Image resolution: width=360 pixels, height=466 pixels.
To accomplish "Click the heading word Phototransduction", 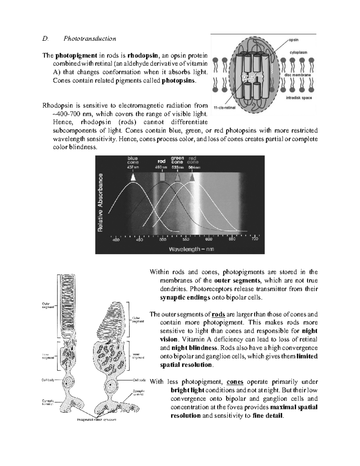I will tap(89, 39).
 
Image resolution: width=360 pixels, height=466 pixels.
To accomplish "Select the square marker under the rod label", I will tap(162, 177).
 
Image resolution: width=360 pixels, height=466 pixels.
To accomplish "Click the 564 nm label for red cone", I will tap(194, 168).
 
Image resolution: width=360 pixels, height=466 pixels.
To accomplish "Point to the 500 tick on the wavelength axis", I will tap(162, 239).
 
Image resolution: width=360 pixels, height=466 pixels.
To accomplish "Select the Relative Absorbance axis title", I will tap(101, 203).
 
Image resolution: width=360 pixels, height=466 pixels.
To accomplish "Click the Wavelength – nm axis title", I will tap(191, 249).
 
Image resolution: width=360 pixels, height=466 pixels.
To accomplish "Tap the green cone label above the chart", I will tap(178, 160).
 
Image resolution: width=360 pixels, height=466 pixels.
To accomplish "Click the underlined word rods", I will tap(218, 315).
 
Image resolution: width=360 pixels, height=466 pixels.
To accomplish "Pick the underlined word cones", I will tap(235, 382).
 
